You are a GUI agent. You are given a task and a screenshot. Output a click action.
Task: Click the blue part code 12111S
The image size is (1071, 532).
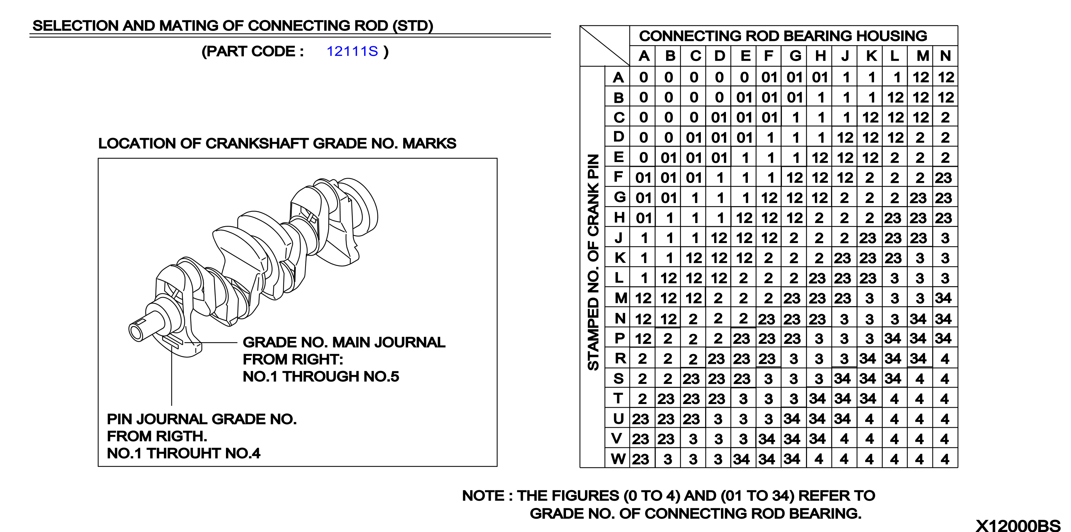[352, 51]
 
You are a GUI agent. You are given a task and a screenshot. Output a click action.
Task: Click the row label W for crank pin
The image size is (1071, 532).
[618, 459]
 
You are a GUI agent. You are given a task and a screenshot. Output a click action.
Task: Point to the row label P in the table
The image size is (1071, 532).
[619, 338]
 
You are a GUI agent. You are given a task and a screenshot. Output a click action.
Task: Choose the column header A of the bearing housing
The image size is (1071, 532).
[644, 56]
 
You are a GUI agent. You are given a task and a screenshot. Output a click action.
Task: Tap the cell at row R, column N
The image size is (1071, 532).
[945, 358]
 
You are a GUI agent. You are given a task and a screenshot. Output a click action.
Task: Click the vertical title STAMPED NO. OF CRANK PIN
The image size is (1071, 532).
[593, 262]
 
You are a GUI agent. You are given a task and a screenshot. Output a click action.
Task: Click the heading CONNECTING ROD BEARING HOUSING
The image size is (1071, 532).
[783, 36]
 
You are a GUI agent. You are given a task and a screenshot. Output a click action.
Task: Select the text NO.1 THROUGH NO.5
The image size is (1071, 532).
[321, 376]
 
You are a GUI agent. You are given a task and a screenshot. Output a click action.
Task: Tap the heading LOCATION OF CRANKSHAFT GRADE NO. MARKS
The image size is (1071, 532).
[277, 143]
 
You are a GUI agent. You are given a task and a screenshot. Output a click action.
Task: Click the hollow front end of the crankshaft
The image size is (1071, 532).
[136, 333]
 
